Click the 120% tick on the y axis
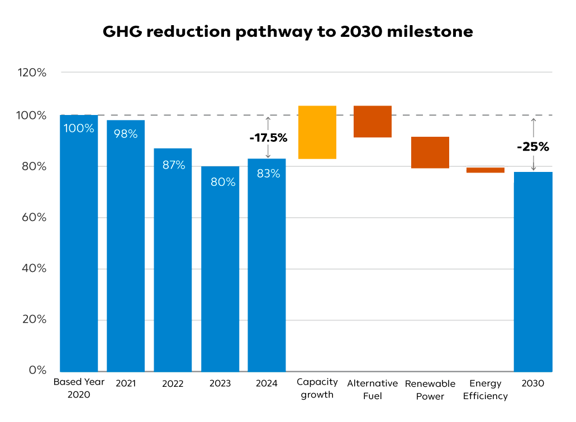(x=31, y=73)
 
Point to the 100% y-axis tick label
(x=31, y=116)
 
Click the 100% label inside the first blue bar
(x=79, y=128)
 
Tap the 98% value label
(x=126, y=134)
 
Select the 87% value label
(x=173, y=165)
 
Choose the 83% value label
(x=268, y=174)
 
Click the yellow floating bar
(x=317, y=132)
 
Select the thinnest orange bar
(x=485, y=169)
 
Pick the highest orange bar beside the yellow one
(x=372, y=122)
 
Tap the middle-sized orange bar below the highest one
(x=430, y=152)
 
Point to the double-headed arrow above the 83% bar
(x=268, y=137)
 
